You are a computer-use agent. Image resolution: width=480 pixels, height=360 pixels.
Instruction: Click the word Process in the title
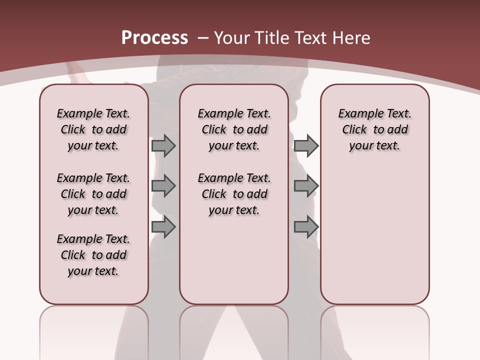(154, 38)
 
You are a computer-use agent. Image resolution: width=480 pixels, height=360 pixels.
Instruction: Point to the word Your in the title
(232, 38)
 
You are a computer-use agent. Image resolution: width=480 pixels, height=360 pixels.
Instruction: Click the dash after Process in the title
(203, 38)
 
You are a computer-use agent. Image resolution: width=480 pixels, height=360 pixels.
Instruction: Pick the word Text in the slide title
(310, 38)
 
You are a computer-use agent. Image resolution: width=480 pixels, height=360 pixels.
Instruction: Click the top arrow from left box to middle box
(163, 145)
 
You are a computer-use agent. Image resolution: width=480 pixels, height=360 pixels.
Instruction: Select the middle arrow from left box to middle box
(163, 186)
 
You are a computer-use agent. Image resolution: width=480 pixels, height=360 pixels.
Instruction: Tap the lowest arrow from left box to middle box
(163, 227)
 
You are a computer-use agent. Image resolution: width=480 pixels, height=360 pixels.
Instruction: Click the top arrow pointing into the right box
(306, 145)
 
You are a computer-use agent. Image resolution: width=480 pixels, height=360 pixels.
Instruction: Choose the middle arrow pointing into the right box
(306, 186)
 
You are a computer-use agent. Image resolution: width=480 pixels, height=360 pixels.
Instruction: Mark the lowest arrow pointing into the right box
(306, 227)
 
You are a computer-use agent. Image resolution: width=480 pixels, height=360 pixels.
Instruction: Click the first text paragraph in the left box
(93, 129)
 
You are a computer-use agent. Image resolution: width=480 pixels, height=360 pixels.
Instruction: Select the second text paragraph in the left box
(93, 194)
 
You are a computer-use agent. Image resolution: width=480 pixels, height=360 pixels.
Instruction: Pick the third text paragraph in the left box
(93, 255)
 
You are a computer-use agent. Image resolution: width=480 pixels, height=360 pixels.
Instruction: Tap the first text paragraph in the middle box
(234, 129)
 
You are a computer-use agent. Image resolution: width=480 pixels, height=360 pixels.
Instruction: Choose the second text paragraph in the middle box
(234, 194)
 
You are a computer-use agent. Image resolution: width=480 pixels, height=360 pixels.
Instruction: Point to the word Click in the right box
(354, 130)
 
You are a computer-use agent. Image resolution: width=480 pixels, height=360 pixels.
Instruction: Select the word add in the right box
(397, 130)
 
